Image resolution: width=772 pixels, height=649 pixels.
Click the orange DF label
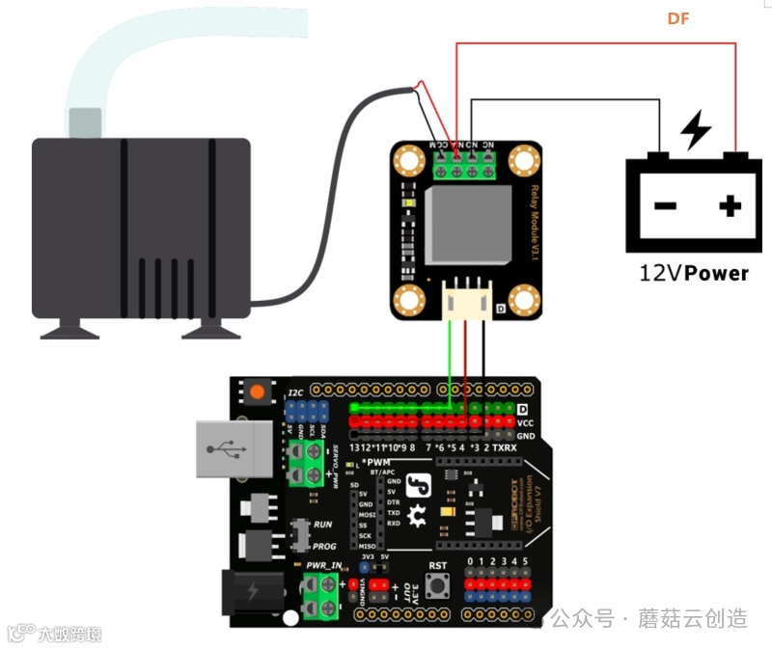click(678, 18)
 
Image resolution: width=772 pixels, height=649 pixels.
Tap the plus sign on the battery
click(730, 204)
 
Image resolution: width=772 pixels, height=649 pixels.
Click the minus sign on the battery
click(664, 204)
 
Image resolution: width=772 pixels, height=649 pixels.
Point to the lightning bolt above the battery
click(695, 131)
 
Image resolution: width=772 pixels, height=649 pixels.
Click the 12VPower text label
click(693, 273)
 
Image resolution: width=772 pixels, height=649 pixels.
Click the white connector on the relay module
click(467, 301)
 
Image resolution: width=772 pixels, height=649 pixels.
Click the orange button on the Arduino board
click(257, 392)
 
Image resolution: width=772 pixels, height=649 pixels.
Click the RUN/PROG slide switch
click(300, 532)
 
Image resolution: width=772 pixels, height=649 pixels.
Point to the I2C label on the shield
click(295, 393)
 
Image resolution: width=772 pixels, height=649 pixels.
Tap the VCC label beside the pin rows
click(525, 422)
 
